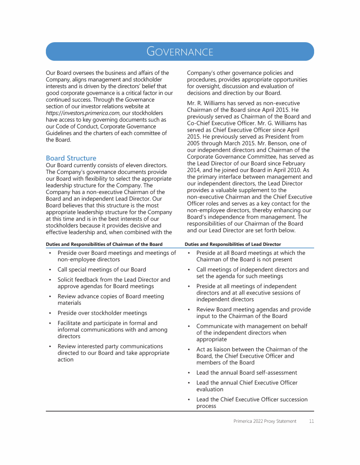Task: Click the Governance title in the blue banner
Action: click(180, 52)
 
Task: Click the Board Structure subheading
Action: click(71, 158)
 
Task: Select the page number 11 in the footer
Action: click(311, 421)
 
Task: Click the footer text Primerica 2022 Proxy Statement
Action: click(264, 421)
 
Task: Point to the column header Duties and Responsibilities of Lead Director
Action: click(232, 244)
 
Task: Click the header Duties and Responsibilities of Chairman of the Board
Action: click(104, 244)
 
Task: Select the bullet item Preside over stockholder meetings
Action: click(102, 313)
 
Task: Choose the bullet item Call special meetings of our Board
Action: click(102, 270)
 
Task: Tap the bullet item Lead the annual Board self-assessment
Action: click(247, 373)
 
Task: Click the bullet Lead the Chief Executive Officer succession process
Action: click(252, 403)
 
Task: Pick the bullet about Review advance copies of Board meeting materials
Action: click(111, 300)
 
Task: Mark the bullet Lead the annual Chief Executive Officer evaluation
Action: click(247, 386)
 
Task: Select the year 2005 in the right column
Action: click(194, 143)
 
